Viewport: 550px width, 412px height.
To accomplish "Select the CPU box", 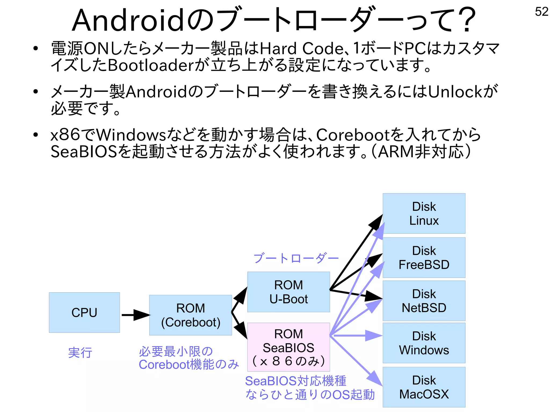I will pos(84,312).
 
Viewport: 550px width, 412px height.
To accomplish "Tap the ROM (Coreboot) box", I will pos(190,315).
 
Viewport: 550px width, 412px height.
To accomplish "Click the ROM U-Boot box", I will pos(288,292).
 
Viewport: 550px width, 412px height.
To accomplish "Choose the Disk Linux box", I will pos(424,213).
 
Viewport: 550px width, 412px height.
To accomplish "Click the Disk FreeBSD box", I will pos(424,257).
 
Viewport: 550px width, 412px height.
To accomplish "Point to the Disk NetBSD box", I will pos(424,301).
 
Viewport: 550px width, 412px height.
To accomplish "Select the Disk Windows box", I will pos(424,343).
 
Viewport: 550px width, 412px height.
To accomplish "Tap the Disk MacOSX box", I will pos(424,387).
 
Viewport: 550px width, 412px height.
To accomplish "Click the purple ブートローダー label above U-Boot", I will pos(296,258).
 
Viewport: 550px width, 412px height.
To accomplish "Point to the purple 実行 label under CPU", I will pos(80,353).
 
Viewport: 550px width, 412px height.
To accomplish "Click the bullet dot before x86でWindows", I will pos(35,135).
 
